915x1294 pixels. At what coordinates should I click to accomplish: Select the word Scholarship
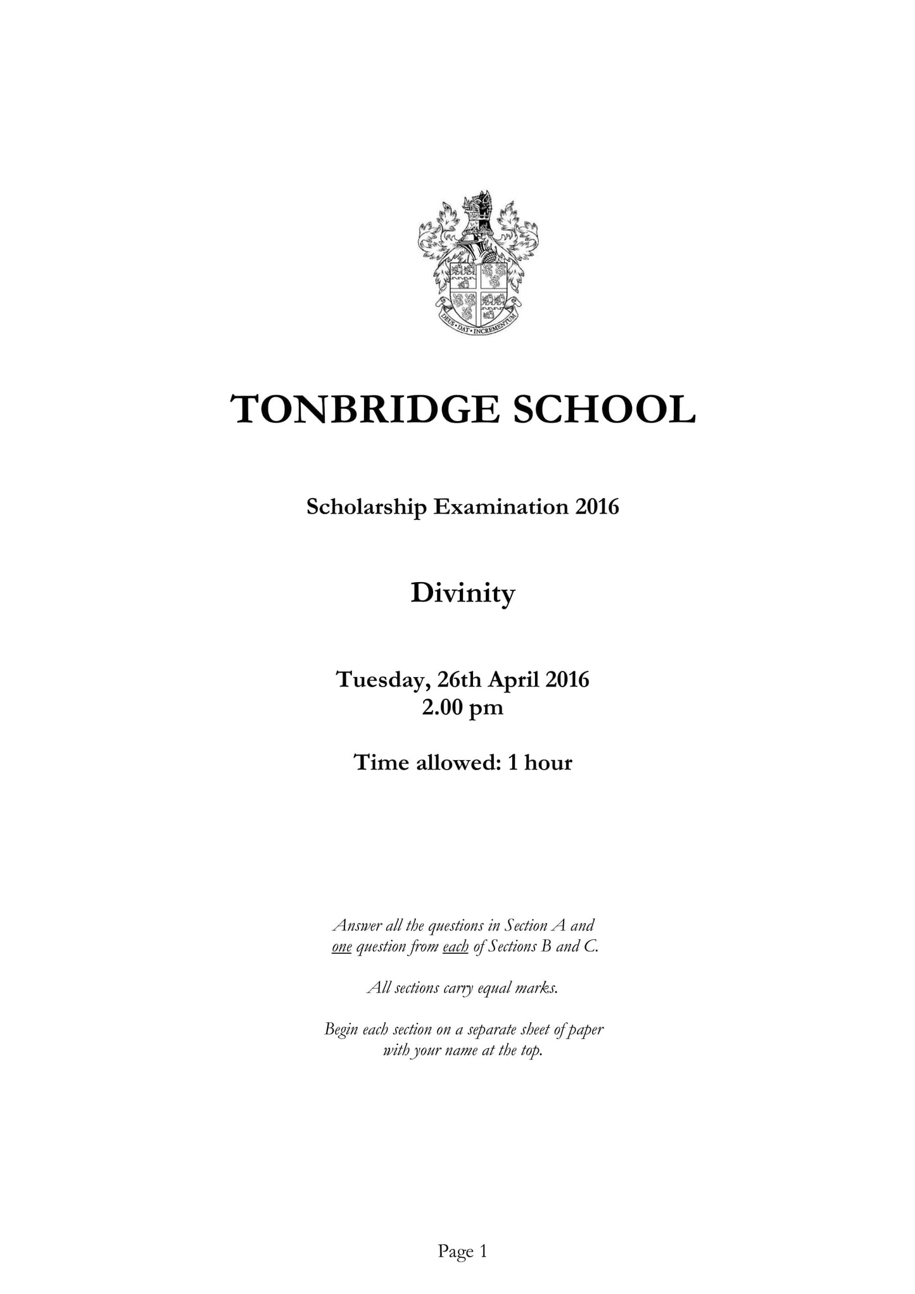point(366,507)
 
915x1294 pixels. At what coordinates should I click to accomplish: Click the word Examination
point(500,507)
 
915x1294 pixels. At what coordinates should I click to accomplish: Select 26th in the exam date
point(460,680)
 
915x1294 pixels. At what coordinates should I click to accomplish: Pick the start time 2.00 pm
point(462,707)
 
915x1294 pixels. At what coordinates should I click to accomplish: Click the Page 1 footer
point(462,1251)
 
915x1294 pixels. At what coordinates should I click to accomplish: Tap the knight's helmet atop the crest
point(478,219)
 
